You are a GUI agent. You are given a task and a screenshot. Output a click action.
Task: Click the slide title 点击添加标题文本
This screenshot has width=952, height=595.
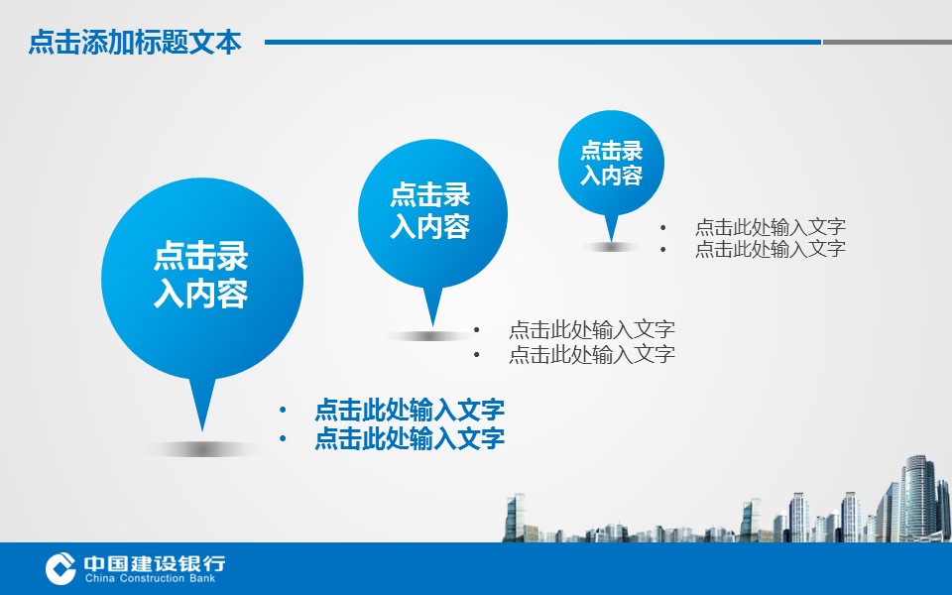tap(135, 42)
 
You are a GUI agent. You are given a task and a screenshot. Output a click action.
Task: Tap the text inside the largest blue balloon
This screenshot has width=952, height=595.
tap(201, 275)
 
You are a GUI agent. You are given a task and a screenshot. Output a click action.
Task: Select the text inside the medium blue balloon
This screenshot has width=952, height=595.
tap(429, 210)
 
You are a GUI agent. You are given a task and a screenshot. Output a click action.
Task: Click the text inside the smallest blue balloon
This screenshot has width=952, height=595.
tap(612, 163)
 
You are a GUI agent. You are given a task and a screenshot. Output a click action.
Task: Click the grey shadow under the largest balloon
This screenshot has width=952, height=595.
tap(202, 449)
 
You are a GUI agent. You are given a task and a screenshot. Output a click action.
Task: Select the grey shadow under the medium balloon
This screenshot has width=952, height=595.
tap(431, 336)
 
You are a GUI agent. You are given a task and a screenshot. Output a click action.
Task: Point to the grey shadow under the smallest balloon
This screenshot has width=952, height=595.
tap(611, 247)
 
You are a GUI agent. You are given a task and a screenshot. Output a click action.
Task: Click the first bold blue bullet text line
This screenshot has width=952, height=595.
tap(410, 410)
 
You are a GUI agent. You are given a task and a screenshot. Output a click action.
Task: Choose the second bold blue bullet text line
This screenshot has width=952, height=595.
tap(410, 437)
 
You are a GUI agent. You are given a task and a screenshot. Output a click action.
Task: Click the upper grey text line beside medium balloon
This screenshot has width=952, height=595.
tap(592, 329)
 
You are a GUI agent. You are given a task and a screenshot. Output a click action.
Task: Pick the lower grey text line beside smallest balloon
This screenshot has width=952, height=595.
tap(770, 248)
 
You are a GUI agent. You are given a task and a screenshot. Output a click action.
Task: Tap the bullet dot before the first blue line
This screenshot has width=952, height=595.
tap(283, 410)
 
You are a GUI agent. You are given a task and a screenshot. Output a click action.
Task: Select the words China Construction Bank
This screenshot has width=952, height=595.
tap(150, 578)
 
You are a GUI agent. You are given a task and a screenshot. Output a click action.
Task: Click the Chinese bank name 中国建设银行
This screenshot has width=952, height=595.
tap(155, 563)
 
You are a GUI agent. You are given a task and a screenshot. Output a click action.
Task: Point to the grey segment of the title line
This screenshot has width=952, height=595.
tap(887, 42)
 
